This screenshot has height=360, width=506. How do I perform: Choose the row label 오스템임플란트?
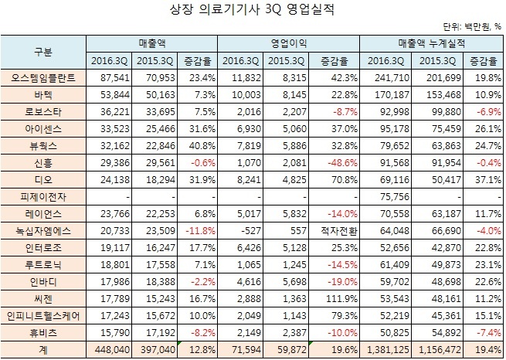click(43, 78)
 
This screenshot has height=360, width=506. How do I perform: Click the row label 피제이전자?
click(43, 196)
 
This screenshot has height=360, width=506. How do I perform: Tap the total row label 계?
click(43, 348)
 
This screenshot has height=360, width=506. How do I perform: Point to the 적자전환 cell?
click(338, 229)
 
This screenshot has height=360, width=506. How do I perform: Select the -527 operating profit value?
click(239, 229)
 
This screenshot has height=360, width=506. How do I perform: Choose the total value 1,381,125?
click(387, 348)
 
